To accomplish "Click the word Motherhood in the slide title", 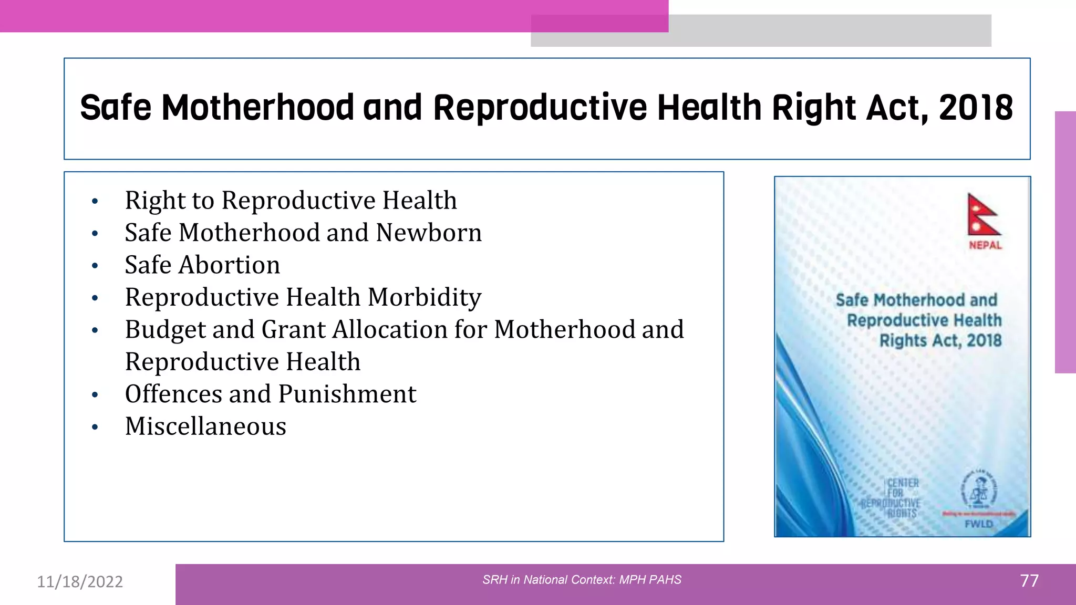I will (x=257, y=108).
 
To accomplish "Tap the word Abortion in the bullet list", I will (x=229, y=265).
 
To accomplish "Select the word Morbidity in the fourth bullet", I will (x=424, y=297).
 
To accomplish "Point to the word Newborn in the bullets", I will (x=429, y=233).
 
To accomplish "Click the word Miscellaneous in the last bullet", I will (x=205, y=426).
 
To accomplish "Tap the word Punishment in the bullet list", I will (x=347, y=394).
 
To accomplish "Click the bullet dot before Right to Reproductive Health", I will (x=95, y=201).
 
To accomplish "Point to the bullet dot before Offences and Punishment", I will (x=95, y=395).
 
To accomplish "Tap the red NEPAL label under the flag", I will (x=985, y=245).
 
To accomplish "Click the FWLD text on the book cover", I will (x=979, y=524).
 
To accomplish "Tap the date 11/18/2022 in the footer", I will (x=80, y=582).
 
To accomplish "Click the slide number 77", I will (x=1029, y=581).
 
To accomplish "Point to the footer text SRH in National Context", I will (x=582, y=580).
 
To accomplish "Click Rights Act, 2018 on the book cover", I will (x=940, y=340).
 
